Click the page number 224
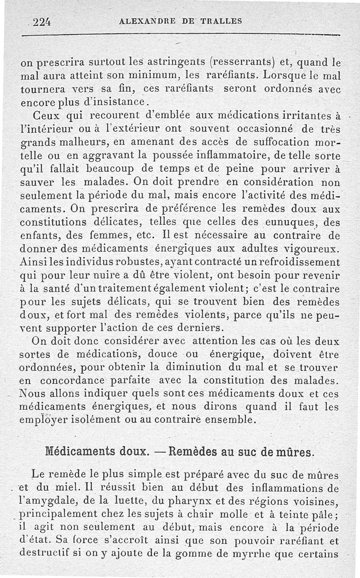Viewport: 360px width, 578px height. pos(40,21)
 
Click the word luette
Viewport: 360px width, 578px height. pos(132,501)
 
